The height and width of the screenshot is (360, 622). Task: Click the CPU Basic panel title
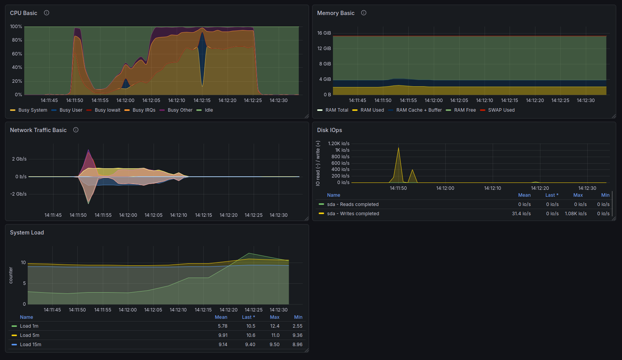[23, 13]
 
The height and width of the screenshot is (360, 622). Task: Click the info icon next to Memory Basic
[363, 13]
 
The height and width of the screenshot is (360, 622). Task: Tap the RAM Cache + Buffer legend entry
[415, 110]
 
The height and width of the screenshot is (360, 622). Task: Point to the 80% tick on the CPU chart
[17, 40]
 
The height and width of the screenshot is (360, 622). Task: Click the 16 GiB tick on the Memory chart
[324, 33]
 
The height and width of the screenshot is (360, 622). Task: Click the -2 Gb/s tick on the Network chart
[18, 194]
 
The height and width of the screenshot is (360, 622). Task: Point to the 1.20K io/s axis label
[338, 144]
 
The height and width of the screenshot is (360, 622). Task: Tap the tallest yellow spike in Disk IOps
[398, 148]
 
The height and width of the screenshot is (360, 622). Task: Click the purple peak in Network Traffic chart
[88, 150]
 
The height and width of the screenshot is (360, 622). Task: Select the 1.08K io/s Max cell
[576, 214]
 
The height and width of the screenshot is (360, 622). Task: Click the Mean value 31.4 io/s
[521, 214]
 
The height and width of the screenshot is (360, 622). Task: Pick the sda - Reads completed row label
[353, 204]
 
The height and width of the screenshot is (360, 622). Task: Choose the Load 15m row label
[30, 345]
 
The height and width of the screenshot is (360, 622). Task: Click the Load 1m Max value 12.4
[274, 326]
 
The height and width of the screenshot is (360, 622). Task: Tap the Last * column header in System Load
[249, 317]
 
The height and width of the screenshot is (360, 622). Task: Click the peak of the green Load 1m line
[249, 253]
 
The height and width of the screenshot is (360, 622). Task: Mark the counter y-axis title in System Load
[11, 275]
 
